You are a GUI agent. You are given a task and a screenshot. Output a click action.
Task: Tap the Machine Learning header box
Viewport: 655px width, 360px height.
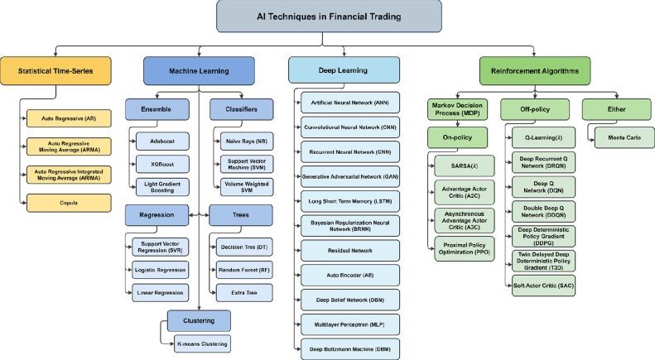[x=199, y=70]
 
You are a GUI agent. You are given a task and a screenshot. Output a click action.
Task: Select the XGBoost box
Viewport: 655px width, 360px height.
[x=162, y=162]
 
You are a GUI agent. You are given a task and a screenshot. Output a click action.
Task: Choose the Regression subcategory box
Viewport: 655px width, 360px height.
[x=157, y=216]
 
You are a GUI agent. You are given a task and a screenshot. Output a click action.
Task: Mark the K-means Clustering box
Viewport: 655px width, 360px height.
[x=196, y=342]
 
